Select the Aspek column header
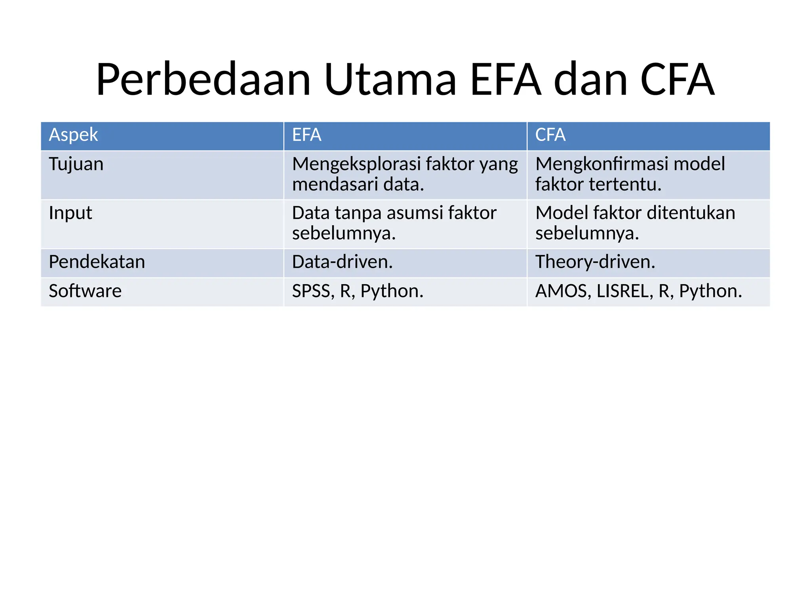tap(73, 135)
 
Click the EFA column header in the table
tap(307, 135)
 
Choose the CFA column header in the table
tap(550, 135)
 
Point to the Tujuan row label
tap(76, 164)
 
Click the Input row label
tap(70, 213)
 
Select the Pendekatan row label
tap(97, 262)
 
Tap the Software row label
tap(85, 291)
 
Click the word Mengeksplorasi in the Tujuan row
tap(356, 164)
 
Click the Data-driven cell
tap(342, 262)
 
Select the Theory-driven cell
tap(595, 262)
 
